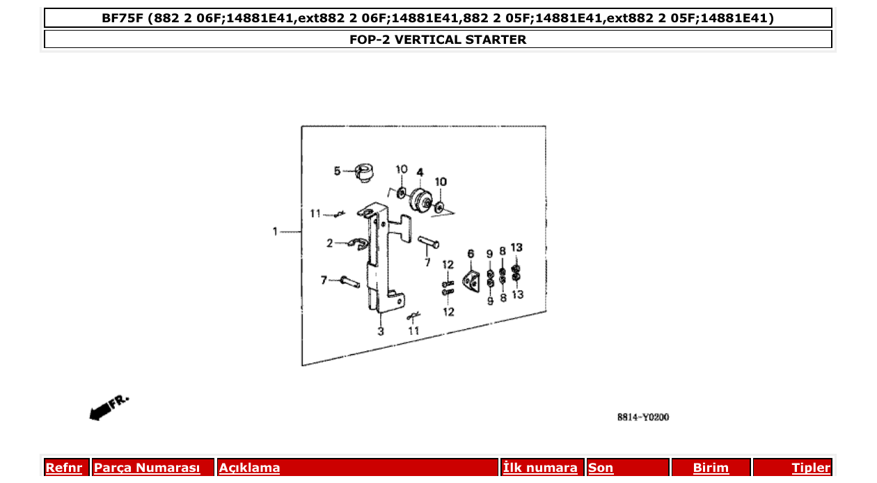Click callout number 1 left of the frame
point(276,231)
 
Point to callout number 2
point(331,243)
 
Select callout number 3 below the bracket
point(381,331)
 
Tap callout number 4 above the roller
point(420,172)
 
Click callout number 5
point(337,171)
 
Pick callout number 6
point(471,254)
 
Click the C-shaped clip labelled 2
point(358,244)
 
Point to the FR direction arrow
point(108,408)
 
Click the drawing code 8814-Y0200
point(642,418)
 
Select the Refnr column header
point(63,468)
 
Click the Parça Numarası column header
point(147,468)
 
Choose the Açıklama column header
point(249,468)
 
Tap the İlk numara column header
point(540,468)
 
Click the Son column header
point(601,468)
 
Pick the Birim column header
point(711,468)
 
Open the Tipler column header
point(810,468)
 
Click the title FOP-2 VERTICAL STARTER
point(438,40)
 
